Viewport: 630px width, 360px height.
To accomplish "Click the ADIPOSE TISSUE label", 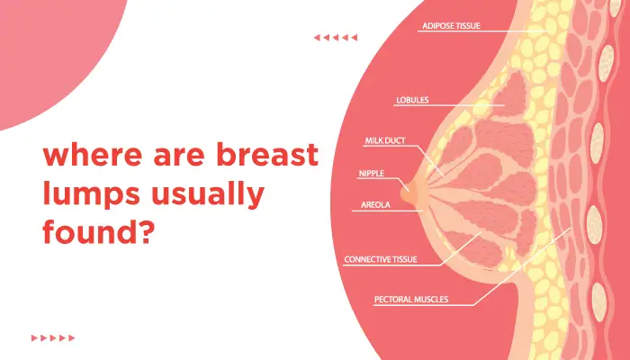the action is point(451,26).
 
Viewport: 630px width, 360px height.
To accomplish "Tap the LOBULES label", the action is point(412,100).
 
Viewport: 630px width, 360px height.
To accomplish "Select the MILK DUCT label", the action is point(385,140).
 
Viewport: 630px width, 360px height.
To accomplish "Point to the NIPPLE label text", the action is point(371,174).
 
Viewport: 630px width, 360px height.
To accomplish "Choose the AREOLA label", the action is point(375,205).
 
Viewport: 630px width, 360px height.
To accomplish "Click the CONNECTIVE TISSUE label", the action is point(381,259).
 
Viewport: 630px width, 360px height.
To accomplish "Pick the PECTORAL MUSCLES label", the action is point(411,300).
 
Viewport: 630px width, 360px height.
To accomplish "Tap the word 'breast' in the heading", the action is point(267,154).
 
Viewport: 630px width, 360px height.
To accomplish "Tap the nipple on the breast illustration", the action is point(407,193).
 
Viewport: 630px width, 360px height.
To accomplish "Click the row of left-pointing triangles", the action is point(336,38).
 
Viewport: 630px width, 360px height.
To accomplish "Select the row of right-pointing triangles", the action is point(53,337).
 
